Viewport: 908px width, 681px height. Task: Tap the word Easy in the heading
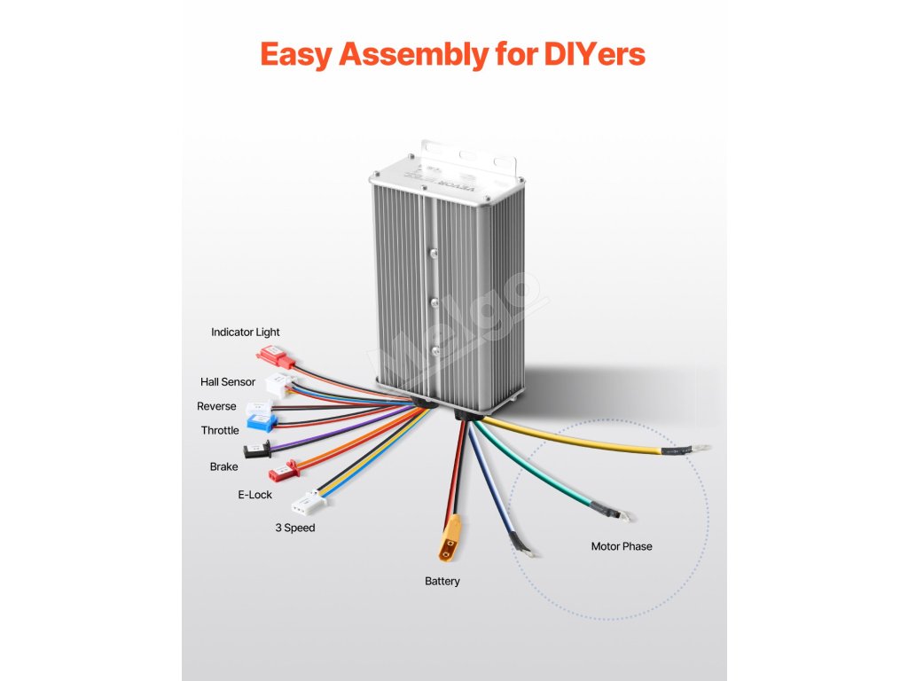click(x=297, y=53)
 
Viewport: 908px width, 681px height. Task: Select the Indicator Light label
click(x=246, y=333)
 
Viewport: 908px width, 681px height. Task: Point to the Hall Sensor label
click(x=228, y=382)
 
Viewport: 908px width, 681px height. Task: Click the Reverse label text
click(x=216, y=406)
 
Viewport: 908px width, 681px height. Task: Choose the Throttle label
click(x=220, y=430)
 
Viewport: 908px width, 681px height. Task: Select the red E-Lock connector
click(x=281, y=468)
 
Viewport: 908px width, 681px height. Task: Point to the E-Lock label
click(x=255, y=495)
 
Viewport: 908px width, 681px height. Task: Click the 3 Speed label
click(x=294, y=528)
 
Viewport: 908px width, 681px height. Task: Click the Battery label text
click(x=442, y=582)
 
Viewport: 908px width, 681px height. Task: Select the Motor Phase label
click(x=622, y=546)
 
